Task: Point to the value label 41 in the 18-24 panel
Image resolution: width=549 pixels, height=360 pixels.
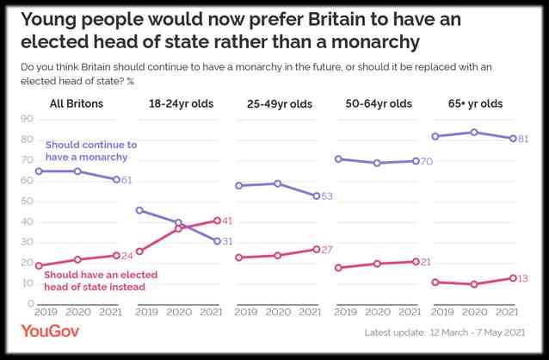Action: click(227, 221)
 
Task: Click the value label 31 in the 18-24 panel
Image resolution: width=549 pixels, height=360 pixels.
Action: click(227, 241)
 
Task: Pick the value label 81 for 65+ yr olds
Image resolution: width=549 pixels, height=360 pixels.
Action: click(522, 139)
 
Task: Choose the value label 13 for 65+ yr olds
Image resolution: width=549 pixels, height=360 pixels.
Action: click(522, 278)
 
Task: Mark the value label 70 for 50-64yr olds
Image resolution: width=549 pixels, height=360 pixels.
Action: click(426, 161)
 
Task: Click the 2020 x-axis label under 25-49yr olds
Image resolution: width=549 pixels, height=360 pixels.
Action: click(277, 313)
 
